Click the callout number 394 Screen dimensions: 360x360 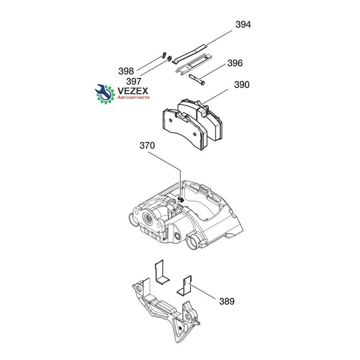(243, 24)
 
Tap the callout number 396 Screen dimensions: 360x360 (235, 63)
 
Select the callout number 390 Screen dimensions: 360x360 (242, 85)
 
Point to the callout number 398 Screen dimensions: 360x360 (126, 71)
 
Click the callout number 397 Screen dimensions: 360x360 (134, 81)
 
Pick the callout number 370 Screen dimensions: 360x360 (147, 146)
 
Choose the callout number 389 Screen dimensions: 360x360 (227, 301)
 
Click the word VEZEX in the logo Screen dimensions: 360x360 (133, 91)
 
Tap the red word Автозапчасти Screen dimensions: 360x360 (134, 97)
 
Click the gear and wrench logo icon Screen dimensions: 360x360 (105, 94)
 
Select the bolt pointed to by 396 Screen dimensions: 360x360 (196, 80)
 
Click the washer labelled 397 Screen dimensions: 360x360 (170, 58)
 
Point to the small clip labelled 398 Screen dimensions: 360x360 (164, 55)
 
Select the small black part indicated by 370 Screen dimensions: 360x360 (181, 199)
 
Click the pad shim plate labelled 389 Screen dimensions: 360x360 (185, 286)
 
